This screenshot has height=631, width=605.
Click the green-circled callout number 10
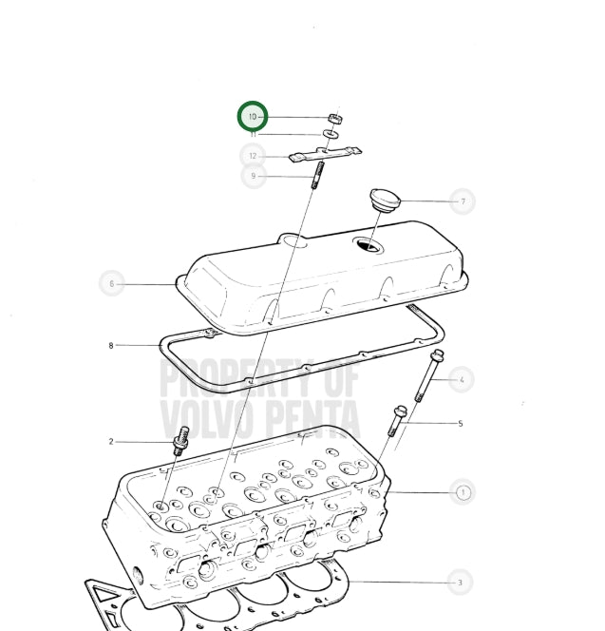[253, 117]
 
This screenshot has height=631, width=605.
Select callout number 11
[254, 134]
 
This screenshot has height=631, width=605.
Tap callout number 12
[253, 156]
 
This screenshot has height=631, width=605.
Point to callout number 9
[254, 176]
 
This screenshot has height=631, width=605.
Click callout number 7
[463, 201]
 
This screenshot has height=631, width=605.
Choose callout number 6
[112, 284]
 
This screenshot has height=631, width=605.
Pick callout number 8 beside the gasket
[111, 345]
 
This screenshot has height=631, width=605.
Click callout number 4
[462, 379]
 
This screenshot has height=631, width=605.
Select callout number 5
[461, 423]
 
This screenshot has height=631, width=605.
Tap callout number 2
[111, 442]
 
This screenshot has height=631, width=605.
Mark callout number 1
[463, 492]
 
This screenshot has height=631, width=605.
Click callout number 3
[461, 583]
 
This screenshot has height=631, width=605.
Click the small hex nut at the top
[335, 118]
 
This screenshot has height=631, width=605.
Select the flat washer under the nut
[331, 134]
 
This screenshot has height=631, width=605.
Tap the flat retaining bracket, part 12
[325, 154]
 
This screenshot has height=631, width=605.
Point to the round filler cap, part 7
[385, 200]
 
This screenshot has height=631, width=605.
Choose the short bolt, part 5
[397, 421]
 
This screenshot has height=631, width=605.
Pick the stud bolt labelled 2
[180, 441]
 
